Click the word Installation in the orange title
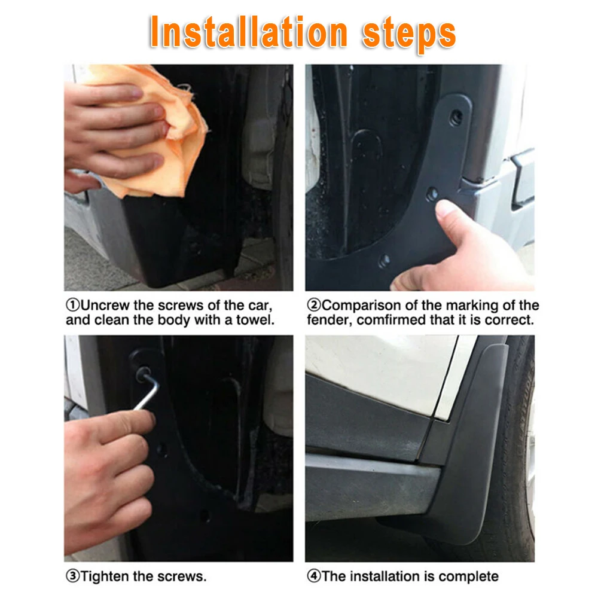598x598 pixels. [x=249, y=32]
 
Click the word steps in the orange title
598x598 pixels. [x=409, y=34]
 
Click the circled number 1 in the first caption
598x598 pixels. [x=72, y=306]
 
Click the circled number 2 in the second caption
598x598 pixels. [x=314, y=306]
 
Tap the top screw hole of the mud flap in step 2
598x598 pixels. [x=456, y=117]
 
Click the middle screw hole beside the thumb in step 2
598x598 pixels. [x=432, y=194]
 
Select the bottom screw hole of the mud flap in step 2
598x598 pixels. [x=384, y=261]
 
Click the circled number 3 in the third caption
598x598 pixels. [x=72, y=576]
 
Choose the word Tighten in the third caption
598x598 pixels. [x=106, y=576]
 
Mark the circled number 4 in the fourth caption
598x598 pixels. [x=314, y=576]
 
